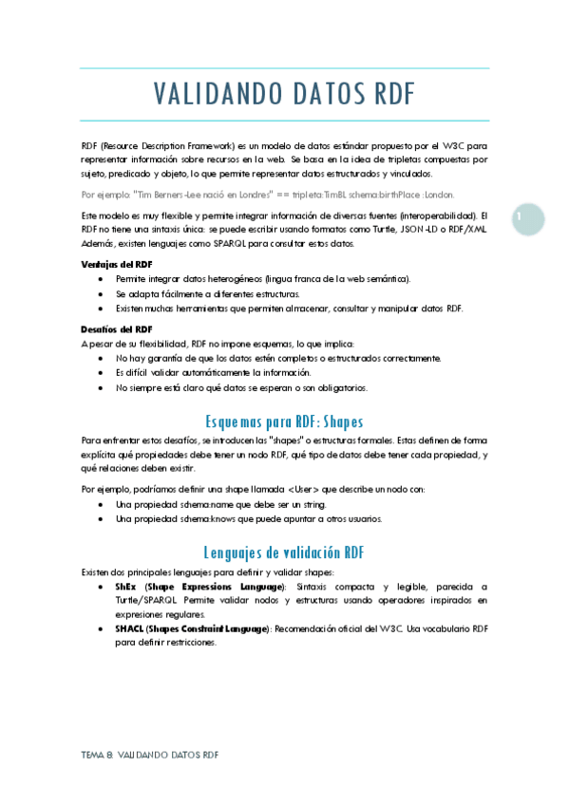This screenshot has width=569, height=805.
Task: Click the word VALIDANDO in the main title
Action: tap(211, 96)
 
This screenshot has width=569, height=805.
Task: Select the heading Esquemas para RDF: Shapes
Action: tap(284, 421)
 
